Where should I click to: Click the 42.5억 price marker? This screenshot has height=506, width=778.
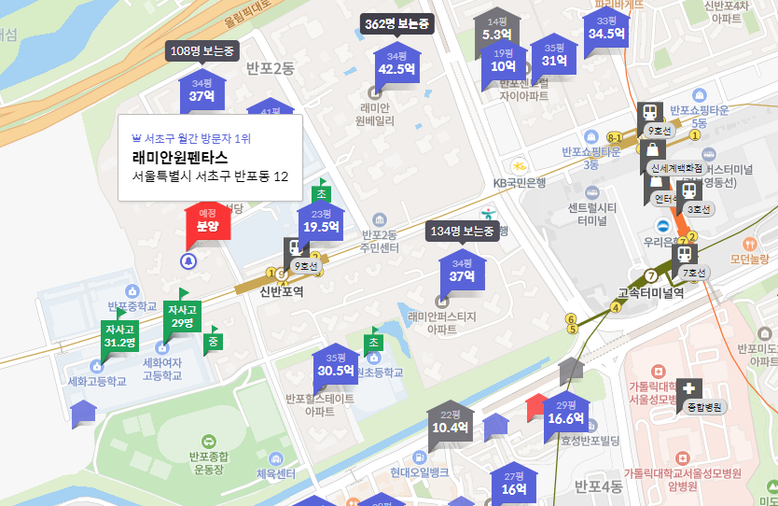click(x=396, y=63)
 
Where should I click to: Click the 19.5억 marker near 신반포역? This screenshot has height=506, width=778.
click(x=321, y=221)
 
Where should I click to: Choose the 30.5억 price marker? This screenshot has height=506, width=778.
click(x=336, y=364)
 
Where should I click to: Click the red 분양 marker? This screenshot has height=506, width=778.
click(x=207, y=220)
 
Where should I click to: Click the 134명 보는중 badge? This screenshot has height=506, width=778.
click(x=463, y=232)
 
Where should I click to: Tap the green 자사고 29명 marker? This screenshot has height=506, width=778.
click(x=182, y=316)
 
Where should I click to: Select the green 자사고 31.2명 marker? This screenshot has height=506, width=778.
click(x=119, y=336)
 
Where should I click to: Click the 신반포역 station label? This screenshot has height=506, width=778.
click(x=282, y=291)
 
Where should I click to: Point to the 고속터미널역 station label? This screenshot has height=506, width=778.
click(x=651, y=292)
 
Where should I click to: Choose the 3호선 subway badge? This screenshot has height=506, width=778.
click(x=699, y=209)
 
